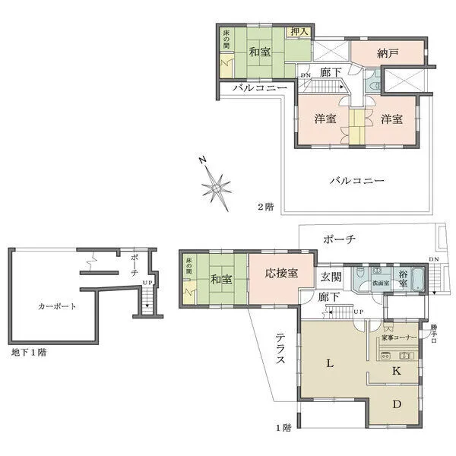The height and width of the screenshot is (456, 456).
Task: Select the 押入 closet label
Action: click(299, 32)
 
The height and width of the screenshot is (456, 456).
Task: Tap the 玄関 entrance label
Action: click(331, 276)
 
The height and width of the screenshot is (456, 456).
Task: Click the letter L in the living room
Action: click(330, 364)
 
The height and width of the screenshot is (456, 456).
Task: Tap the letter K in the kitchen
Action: click(396, 372)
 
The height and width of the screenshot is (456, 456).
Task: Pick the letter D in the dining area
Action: click(396, 404)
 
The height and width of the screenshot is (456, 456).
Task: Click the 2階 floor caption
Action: click(265, 206)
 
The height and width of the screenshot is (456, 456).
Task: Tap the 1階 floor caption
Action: click(283, 428)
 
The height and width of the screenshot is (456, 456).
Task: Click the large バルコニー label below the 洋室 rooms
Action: click(356, 181)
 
